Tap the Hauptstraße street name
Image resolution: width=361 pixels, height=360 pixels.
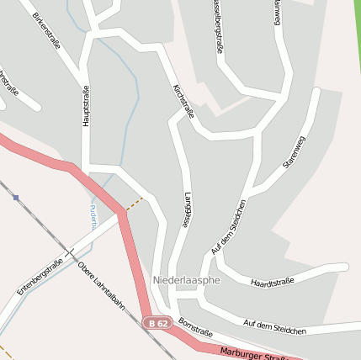[x=86, y=106]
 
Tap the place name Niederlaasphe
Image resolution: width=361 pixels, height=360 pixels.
[x=186, y=278]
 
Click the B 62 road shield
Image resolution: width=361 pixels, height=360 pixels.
[x=157, y=322]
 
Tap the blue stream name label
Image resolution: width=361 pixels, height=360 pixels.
[x=93, y=216]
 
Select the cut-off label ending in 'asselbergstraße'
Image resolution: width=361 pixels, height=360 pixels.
[x=217, y=25]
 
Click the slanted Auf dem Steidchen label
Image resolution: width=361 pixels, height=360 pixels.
[x=228, y=228]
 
